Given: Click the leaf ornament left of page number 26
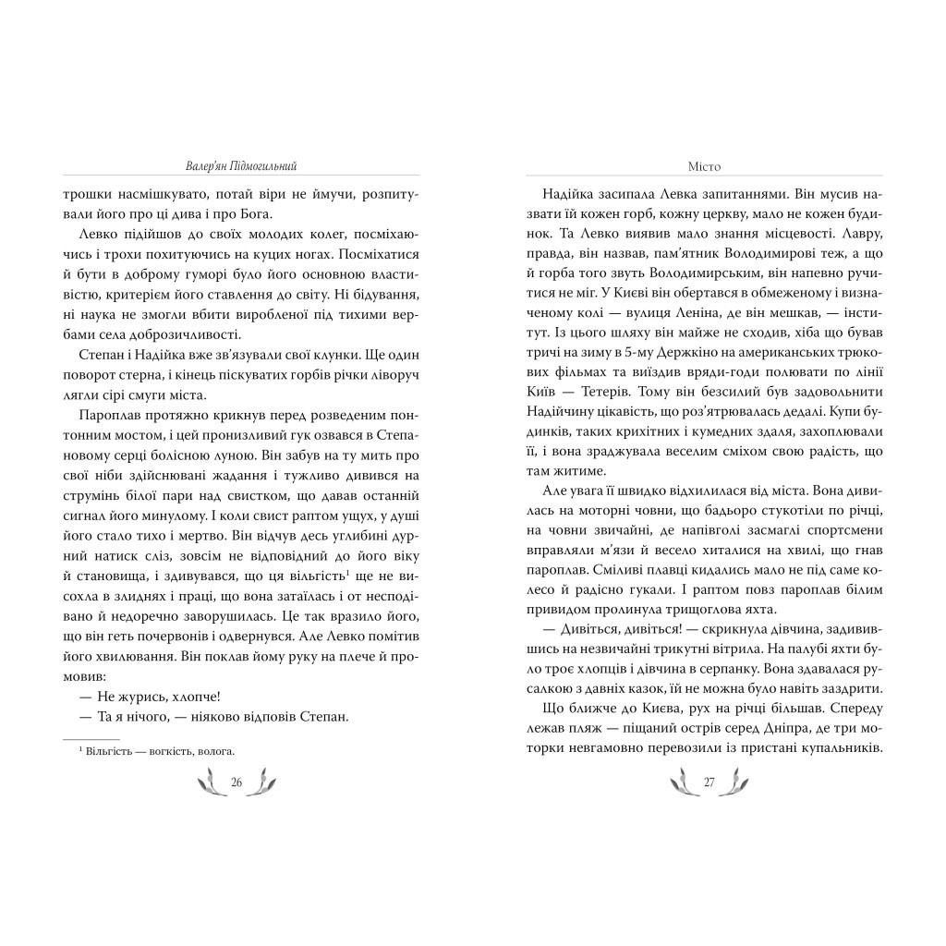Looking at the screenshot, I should pos(208,783).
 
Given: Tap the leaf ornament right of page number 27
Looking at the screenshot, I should pos(738,783).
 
